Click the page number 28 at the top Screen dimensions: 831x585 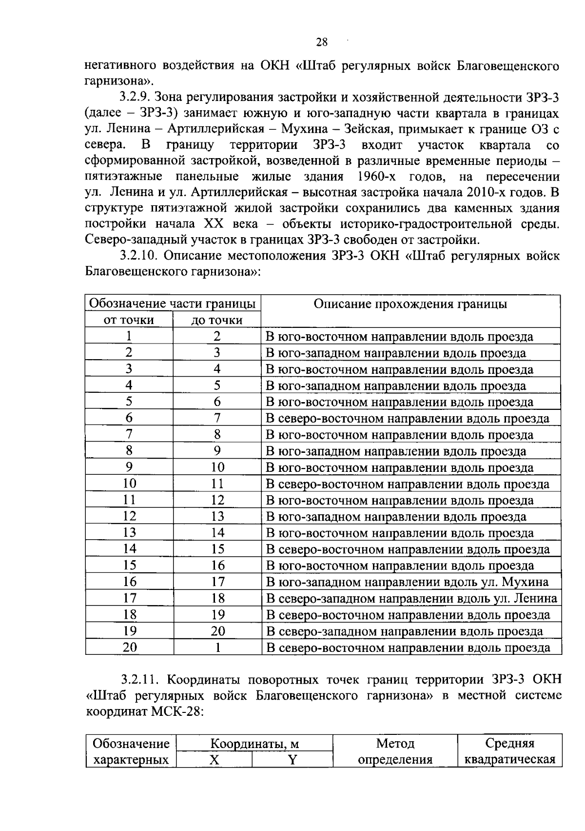tap(322, 42)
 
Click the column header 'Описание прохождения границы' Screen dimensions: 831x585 tap(410, 304)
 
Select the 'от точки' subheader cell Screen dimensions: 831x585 tap(129, 320)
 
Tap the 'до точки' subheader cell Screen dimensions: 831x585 tap(217, 320)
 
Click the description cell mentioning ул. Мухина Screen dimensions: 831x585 tap(407, 582)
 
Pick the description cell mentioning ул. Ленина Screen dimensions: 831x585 tap(411, 599)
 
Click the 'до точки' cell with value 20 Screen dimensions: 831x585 tap(217, 631)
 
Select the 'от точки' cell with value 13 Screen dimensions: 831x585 tap(129, 533)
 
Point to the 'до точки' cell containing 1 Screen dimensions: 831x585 tap(217, 648)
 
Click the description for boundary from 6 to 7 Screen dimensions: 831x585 tap(407, 419)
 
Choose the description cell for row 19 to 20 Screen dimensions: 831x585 tap(404, 631)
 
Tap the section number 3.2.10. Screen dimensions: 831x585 tap(140, 256)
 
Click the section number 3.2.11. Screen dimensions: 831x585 tap(140, 680)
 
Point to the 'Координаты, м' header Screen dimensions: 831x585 tap(254, 744)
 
